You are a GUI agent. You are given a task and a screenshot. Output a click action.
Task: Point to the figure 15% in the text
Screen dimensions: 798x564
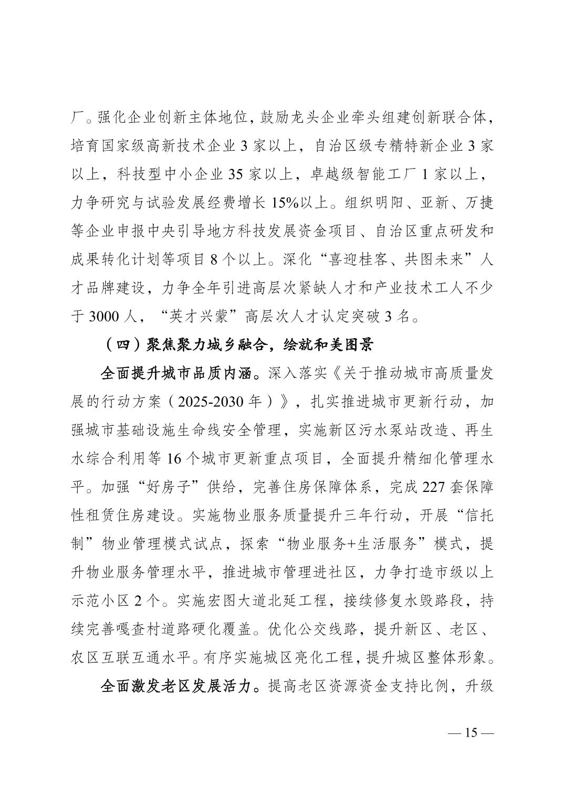click(287, 203)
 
